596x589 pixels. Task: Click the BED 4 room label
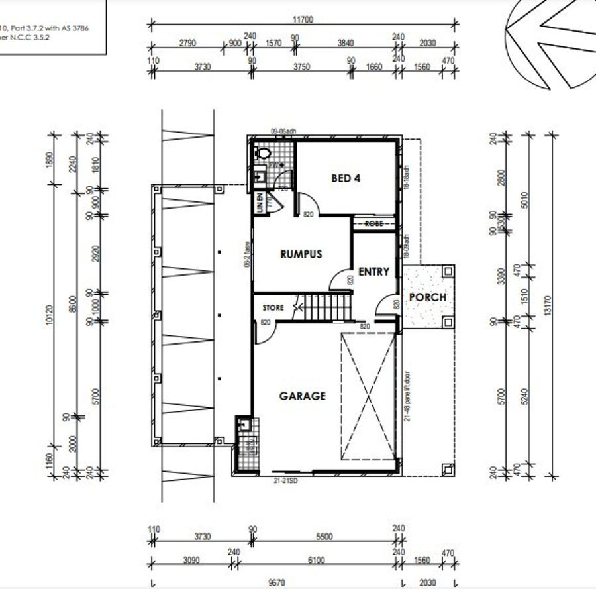point(345,178)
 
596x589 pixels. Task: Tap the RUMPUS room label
point(301,254)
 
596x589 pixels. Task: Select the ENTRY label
point(373,272)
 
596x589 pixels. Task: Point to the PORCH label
point(428,297)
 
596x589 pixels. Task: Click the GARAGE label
point(302,396)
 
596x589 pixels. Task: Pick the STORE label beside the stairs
point(273,308)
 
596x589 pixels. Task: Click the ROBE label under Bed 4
point(373,224)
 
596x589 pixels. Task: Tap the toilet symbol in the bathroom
point(263,153)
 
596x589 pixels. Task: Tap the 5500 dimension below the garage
point(324,537)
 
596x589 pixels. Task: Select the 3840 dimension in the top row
point(345,43)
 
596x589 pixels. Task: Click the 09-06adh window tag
point(282,131)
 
